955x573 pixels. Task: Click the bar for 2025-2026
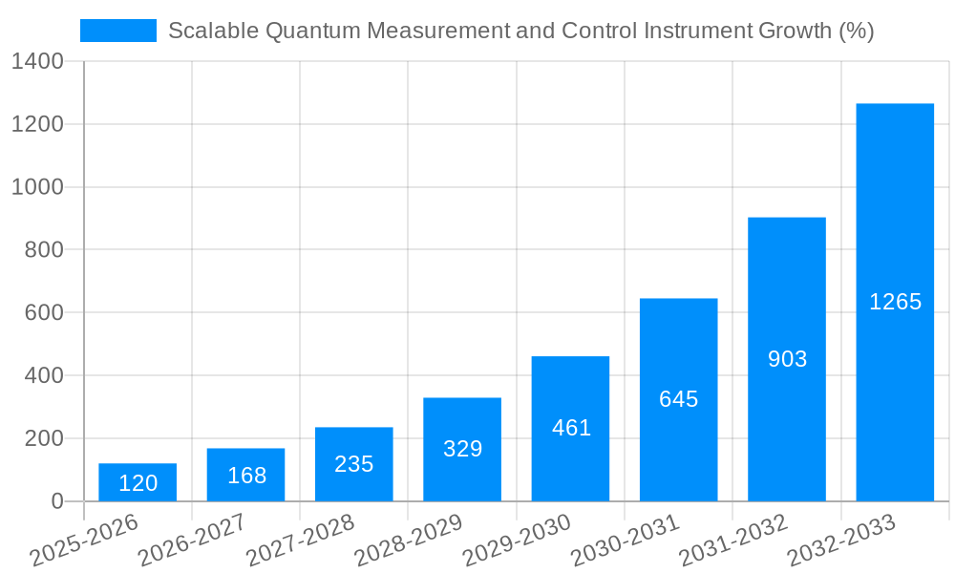point(138,482)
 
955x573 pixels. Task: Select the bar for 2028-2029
point(462,449)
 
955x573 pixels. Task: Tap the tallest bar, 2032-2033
point(895,302)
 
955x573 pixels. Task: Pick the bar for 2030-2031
point(678,399)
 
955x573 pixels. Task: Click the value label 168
point(246,476)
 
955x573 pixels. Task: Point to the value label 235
point(354,464)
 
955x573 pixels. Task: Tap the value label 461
point(571,428)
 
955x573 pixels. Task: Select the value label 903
point(787,359)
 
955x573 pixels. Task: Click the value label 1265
point(895,302)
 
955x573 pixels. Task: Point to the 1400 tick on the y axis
point(37,62)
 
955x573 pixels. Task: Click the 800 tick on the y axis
point(44,250)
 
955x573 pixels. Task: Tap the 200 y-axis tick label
point(44,438)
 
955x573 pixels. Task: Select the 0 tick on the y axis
point(57,501)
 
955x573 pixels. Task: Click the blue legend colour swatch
point(118,31)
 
